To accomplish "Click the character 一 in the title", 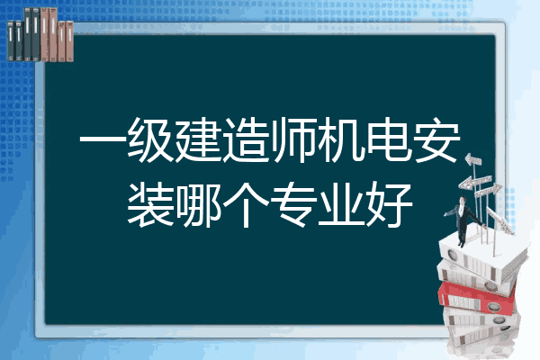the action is (x=103, y=140).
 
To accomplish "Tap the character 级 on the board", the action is (x=150, y=140).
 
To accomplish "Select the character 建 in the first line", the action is (x=198, y=140).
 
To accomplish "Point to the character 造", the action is (x=246, y=140).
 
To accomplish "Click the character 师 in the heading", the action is (x=293, y=140).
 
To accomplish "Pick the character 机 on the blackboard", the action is (x=341, y=140).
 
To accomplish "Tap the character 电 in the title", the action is (x=389, y=140).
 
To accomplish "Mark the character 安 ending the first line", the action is (x=436, y=140).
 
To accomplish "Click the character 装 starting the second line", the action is (x=150, y=204).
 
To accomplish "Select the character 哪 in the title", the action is (x=198, y=204).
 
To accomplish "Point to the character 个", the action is (x=246, y=204).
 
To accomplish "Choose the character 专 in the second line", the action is (x=293, y=204).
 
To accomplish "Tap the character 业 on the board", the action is (x=341, y=204).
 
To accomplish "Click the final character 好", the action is (x=389, y=204).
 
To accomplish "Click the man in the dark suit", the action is (x=463, y=221).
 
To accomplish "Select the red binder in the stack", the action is (x=477, y=298).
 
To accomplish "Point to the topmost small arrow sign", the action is (x=473, y=160).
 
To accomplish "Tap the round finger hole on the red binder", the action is (x=494, y=307).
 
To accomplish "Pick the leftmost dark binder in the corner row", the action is (x=11, y=40).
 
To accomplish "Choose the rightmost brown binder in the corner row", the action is (x=69, y=41).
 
